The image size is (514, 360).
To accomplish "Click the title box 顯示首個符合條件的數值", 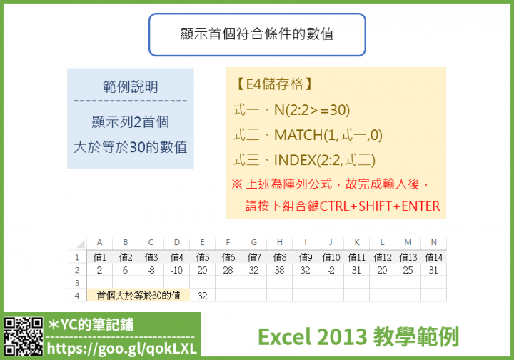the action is [x=257, y=34].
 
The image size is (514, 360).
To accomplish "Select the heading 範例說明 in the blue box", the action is [x=131, y=87].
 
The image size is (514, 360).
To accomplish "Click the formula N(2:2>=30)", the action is [x=312, y=110].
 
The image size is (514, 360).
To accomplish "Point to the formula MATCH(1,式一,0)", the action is [x=328, y=135].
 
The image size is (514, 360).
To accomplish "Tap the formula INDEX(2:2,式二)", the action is [x=325, y=160].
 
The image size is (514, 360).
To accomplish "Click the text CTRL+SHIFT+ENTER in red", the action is [x=380, y=206].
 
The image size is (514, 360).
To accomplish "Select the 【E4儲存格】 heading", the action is [x=274, y=84].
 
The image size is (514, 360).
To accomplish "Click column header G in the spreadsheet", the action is [x=253, y=242].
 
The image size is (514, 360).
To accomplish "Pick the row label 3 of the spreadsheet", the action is [x=76, y=283].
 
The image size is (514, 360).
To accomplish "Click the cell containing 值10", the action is [x=331, y=257].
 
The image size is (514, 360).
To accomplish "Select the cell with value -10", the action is [x=177, y=270].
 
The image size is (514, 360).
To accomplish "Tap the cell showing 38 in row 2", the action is [x=280, y=270].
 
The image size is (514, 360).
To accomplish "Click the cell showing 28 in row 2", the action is [x=228, y=270].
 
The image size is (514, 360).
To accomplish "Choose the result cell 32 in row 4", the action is [x=203, y=296].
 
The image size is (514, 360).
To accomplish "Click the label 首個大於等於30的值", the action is [x=138, y=296].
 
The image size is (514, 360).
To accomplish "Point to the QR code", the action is [x=24, y=336].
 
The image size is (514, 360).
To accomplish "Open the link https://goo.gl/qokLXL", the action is [x=121, y=349].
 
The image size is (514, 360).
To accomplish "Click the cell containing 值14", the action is [x=434, y=257].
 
